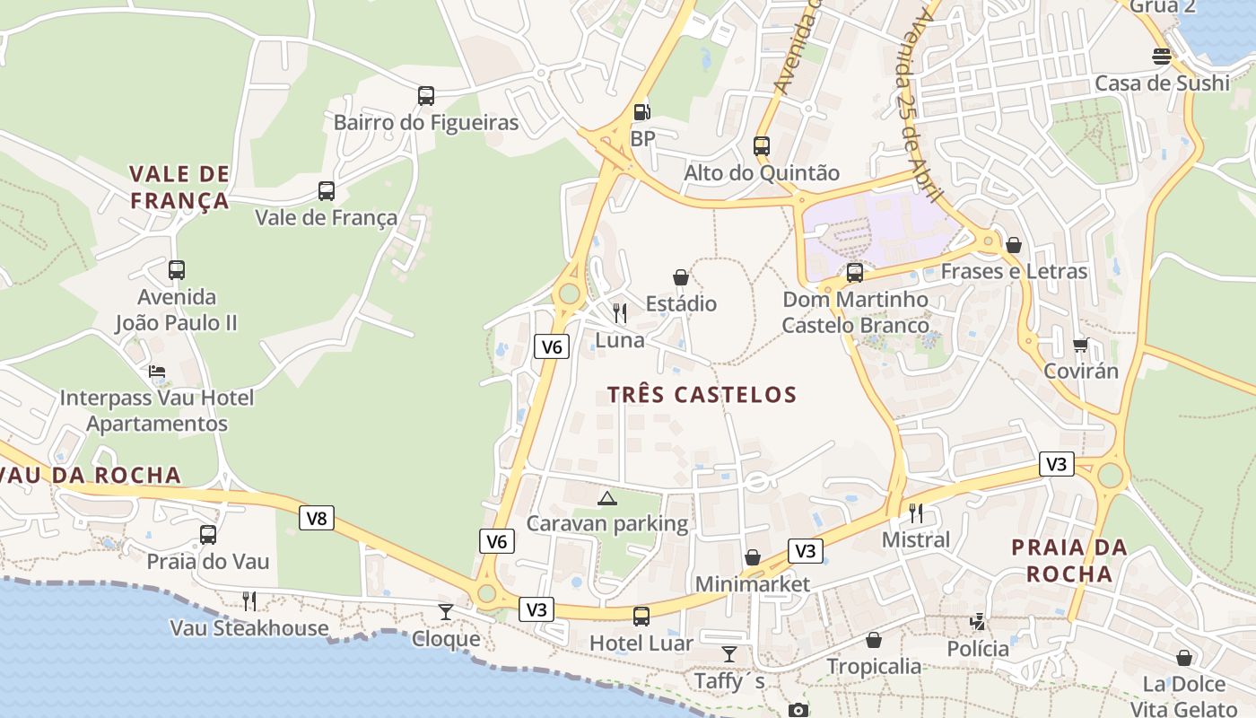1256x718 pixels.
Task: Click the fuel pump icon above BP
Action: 642,112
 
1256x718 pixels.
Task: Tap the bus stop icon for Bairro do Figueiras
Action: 426,95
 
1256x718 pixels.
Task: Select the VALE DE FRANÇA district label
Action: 179,187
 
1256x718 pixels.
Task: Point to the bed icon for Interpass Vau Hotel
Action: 157,371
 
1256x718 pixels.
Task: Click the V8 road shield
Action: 317,518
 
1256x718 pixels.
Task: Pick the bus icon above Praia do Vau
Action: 208,535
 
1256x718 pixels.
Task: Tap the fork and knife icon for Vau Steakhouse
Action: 249,600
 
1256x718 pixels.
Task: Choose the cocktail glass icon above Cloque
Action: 446,612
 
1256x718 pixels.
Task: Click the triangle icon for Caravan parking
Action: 607,498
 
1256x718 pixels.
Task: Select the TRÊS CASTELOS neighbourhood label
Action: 702,395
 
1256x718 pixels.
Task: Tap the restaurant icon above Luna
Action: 620,313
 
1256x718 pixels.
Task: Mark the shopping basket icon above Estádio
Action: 681,277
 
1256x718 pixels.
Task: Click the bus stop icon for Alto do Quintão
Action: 762,145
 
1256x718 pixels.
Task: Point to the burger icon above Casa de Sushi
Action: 1162,57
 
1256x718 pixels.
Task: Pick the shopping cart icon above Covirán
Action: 1081,345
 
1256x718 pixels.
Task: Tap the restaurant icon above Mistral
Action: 916,513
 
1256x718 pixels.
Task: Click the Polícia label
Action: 978,648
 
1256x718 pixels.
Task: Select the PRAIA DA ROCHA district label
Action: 1069,560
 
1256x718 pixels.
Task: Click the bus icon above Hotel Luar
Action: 641,617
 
